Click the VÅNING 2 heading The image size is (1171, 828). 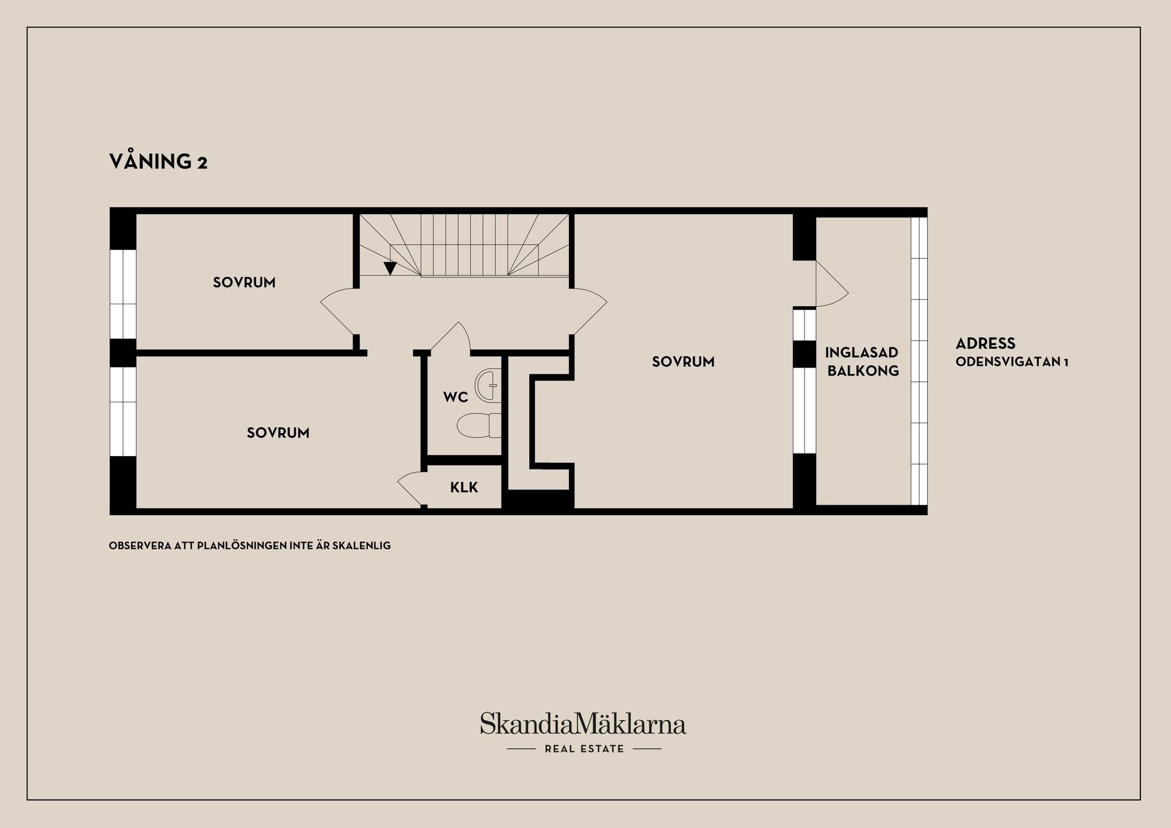(158, 162)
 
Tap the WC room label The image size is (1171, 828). (456, 398)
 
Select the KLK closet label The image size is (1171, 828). (464, 487)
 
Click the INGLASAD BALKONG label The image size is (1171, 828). (862, 362)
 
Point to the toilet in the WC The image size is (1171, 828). (478, 426)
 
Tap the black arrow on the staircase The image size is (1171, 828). (390, 268)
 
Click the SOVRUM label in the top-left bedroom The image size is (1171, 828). (244, 282)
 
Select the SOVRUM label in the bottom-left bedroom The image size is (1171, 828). (278, 433)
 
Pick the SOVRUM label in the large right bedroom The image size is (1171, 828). (683, 362)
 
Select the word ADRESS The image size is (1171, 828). (985, 343)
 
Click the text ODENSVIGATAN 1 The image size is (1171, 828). (1012, 362)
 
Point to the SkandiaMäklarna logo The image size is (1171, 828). (583, 724)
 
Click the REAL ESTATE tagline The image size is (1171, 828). (584, 749)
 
